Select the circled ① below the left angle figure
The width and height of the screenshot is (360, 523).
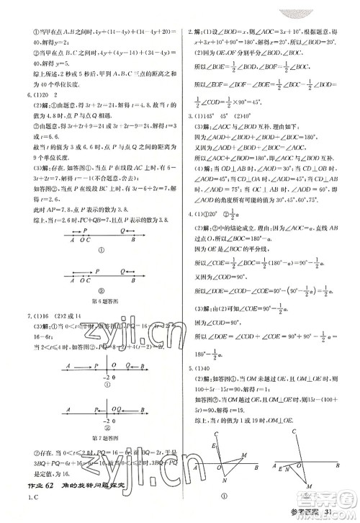[x=223, y=496]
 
